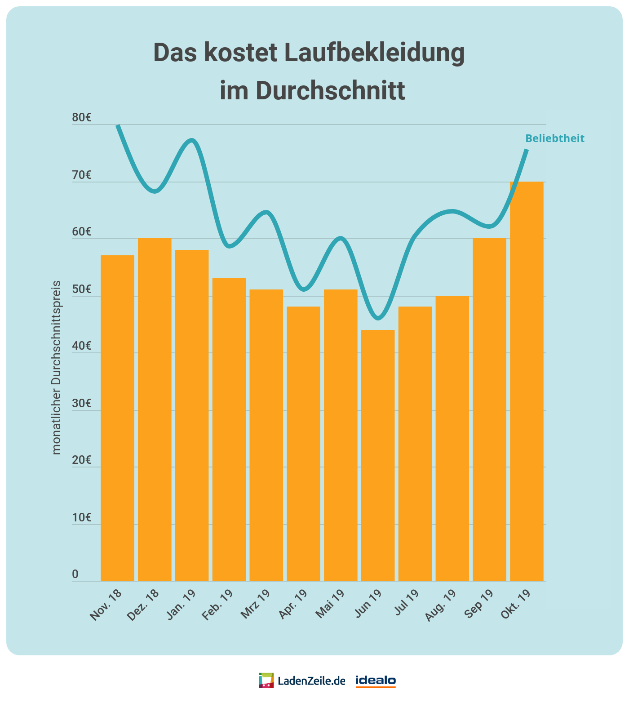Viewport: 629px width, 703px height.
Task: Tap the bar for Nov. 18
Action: point(117,418)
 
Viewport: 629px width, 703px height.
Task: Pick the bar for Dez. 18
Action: point(155,409)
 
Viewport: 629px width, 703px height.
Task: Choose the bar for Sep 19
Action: point(489,409)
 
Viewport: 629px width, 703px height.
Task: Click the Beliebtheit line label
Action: point(555,138)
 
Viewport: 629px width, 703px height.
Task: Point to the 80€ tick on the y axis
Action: point(82,118)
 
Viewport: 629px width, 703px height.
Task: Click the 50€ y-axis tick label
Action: point(82,289)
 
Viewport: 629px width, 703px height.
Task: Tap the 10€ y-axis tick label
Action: point(82,518)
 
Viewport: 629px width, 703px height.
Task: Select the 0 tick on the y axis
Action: point(75,574)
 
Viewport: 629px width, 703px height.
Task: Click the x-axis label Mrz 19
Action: point(255,605)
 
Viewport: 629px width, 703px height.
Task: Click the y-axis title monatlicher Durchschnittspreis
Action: point(57,367)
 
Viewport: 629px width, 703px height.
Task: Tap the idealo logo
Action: point(376,681)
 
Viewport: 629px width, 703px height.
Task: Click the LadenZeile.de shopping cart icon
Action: point(266,681)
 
